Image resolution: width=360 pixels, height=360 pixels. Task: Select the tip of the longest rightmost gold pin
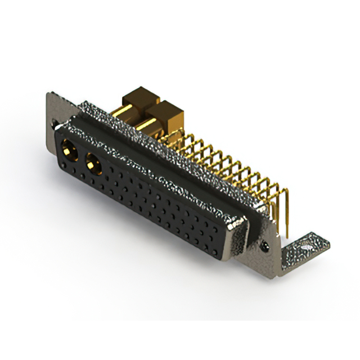click(286, 234)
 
